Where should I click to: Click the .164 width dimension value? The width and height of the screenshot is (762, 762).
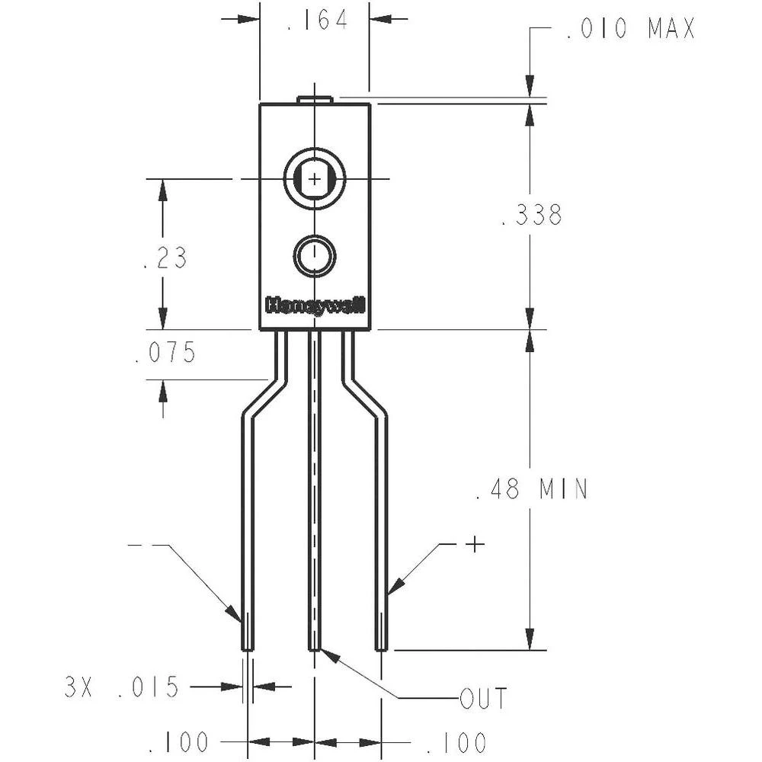pos(316,21)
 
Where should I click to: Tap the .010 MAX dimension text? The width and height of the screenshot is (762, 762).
pos(630,30)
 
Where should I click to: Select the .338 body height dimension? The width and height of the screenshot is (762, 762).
pos(532,216)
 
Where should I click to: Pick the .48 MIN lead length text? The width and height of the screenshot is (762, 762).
pos(532,489)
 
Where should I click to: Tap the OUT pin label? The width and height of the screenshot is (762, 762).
pos(483,697)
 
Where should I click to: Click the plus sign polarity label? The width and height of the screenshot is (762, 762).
pos(475,544)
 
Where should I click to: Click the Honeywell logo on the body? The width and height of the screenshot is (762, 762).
pos(315,305)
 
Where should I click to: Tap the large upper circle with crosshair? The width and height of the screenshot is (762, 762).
pos(315,178)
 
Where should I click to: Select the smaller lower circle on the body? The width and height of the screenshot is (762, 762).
pos(315,257)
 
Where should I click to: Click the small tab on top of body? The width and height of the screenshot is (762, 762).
pos(315,99)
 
